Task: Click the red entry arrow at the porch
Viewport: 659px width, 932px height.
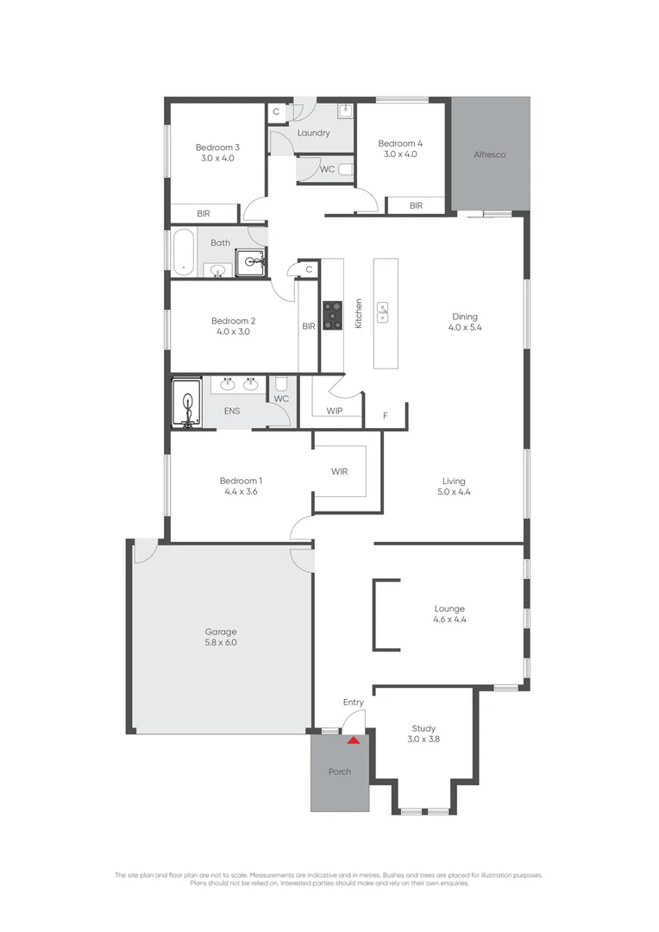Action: (x=352, y=739)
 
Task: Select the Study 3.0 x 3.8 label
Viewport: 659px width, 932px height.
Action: (x=424, y=733)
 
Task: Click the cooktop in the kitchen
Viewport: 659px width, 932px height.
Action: (x=332, y=314)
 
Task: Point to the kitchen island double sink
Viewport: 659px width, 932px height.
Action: (x=383, y=312)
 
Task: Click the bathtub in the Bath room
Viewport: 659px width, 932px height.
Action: (x=183, y=251)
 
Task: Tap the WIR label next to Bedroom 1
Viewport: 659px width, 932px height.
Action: (x=339, y=472)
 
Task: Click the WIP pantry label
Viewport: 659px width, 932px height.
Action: (x=335, y=411)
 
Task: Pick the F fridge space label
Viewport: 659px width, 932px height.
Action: (x=385, y=416)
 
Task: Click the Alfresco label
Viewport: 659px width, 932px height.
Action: (x=489, y=154)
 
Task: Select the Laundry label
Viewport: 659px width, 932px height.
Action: (x=313, y=133)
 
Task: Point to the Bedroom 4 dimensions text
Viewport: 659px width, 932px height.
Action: (x=400, y=154)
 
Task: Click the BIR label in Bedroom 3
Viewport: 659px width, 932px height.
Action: (x=204, y=213)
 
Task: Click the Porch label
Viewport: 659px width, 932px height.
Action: (x=340, y=771)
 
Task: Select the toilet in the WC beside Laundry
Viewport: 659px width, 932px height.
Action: (x=346, y=170)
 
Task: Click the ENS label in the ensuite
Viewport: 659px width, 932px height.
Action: (x=232, y=411)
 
